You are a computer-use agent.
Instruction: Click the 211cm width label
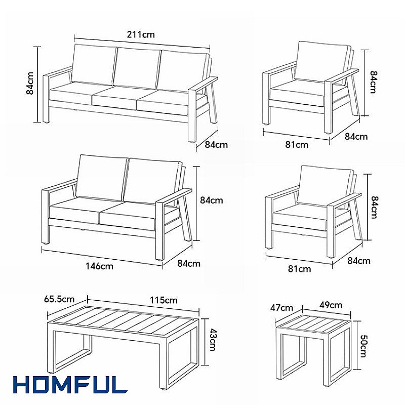141,34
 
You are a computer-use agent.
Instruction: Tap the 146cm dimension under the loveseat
99,266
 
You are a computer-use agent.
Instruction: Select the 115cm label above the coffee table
164,300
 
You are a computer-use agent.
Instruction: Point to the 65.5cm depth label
59,299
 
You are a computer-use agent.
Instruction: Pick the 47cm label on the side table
282,308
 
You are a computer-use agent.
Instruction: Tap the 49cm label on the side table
331,305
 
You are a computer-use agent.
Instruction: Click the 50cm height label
362,346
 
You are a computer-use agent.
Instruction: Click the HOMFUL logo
70,385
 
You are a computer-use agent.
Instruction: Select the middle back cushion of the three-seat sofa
137,68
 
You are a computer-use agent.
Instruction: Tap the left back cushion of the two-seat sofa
102,178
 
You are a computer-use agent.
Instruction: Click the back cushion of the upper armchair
322,62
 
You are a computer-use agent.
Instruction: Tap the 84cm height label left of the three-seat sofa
30,84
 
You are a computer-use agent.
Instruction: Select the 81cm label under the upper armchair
297,145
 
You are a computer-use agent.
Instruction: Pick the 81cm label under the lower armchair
300,269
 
